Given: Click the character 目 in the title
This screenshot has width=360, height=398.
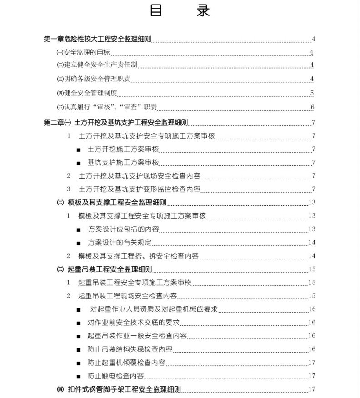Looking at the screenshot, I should [x=156, y=11].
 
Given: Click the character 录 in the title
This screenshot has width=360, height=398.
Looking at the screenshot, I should [x=203, y=11].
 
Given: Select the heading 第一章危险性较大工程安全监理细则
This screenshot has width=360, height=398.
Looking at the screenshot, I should [x=97, y=39].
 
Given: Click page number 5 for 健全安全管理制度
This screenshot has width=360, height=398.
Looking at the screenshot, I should [x=312, y=94].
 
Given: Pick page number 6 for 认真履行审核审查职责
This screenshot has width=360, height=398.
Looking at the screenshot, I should [x=312, y=108].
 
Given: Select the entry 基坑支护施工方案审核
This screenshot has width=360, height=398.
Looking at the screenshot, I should [x=123, y=163].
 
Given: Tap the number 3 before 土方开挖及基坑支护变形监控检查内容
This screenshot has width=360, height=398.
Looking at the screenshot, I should [x=69, y=189].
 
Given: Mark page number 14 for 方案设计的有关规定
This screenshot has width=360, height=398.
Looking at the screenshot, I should [x=312, y=243].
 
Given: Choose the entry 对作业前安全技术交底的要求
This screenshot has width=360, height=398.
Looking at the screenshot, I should [x=134, y=323].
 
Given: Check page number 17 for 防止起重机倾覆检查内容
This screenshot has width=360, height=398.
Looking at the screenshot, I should [x=312, y=363].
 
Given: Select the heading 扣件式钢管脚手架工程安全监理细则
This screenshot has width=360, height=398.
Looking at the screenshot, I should [x=124, y=389].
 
